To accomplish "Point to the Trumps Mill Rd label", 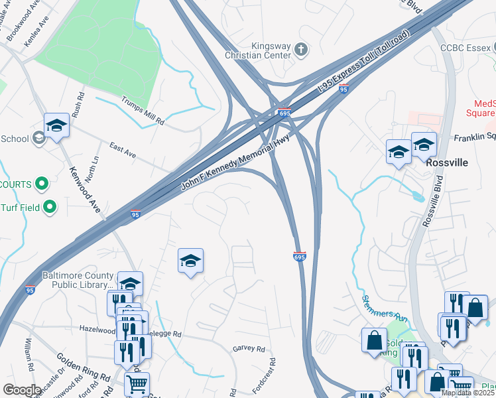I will point(143,111).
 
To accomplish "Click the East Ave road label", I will point(123,150).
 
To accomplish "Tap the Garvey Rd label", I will point(249,349).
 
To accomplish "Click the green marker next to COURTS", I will point(42,183).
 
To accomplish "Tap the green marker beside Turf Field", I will point(49,208).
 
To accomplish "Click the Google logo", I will point(21,390).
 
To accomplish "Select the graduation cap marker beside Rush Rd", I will point(57,125).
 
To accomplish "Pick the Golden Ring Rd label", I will point(83,369).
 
